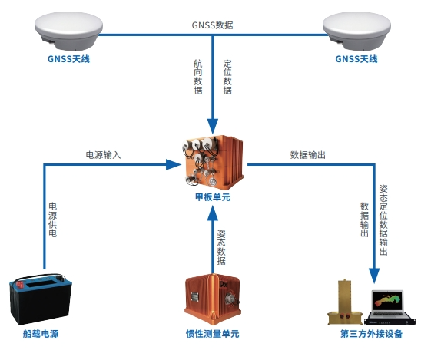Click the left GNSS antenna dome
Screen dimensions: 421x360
tap(68, 31)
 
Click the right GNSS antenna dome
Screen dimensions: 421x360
tap(356, 31)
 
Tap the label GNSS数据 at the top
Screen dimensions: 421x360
tap(212, 25)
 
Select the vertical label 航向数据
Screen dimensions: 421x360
tap(198, 77)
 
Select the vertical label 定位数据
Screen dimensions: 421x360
tap(227, 77)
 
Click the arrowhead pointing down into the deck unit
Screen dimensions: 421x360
tap(213, 126)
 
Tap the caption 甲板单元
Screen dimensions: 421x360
tap(213, 197)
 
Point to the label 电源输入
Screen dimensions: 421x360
tap(104, 155)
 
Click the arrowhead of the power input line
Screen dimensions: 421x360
tap(174, 164)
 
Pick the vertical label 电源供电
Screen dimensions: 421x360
tap(52, 220)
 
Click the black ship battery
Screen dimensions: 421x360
tap(41, 299)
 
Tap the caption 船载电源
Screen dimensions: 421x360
tap(41, 334)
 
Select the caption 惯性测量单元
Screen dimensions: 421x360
tap(212, 334)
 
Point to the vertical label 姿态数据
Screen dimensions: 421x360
tap(221, 247)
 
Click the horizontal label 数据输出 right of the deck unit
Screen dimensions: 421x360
tap(308, 155)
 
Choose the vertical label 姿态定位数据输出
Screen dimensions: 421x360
tap(383, 220)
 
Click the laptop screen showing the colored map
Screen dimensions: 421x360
tap(387, 301)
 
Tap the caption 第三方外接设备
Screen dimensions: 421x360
tap(371, 334)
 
